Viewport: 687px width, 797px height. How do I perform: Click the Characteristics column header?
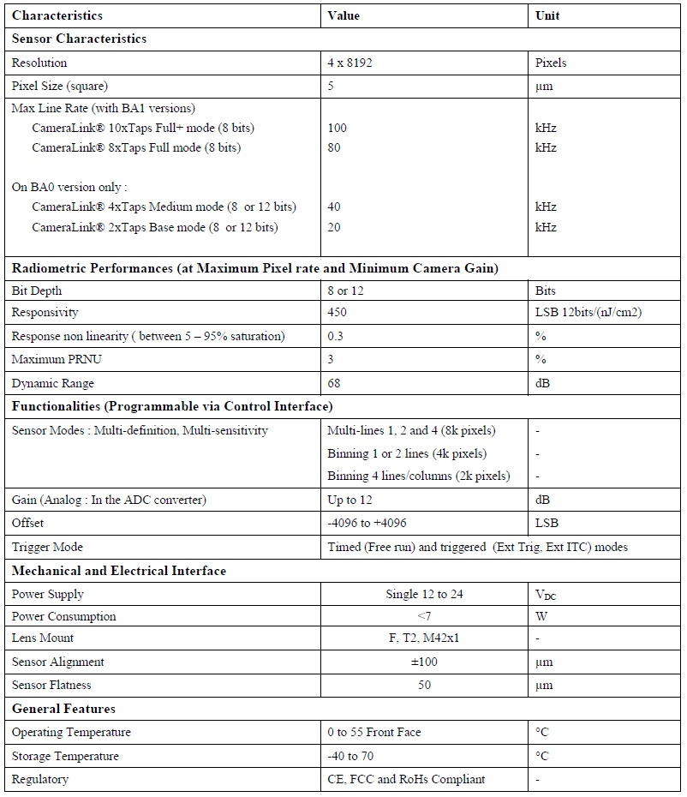tap(57, 15)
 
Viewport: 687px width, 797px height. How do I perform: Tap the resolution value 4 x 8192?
tap(354, 63)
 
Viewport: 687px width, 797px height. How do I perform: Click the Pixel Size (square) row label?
tap(60, 86)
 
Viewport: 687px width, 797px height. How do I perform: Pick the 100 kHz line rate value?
tap(338, 128)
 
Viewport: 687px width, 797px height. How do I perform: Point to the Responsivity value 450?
tap(338, 313)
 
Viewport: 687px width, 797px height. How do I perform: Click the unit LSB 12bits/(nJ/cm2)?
tap(588, 313)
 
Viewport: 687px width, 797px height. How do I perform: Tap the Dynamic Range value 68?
tap(334, 383)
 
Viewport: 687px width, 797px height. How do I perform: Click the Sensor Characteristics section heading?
tap(79, 39)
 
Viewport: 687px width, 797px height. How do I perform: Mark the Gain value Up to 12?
tap(351, 500)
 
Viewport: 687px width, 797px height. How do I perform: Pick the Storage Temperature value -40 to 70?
tap(350, 756)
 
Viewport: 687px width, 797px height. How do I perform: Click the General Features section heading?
tap(63, 709)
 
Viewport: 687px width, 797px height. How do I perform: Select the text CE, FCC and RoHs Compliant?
tap(406, 779)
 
